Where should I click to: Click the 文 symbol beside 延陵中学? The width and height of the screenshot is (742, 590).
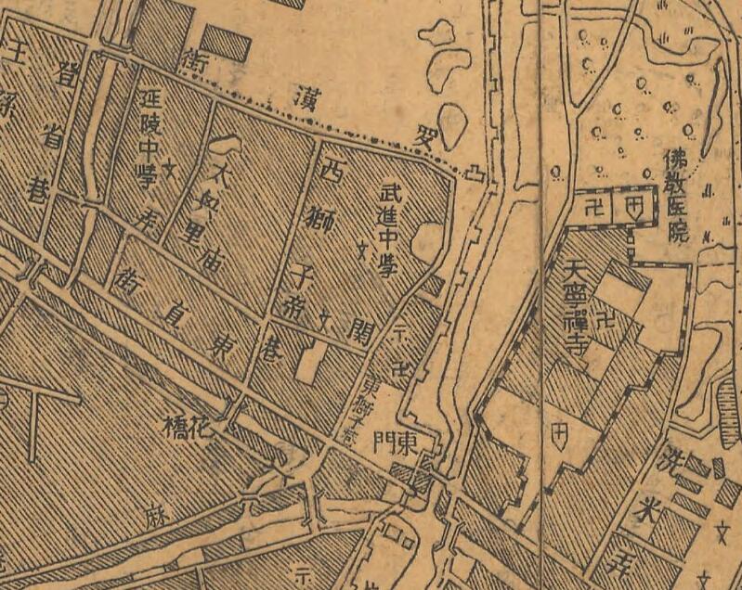pos(170,171)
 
